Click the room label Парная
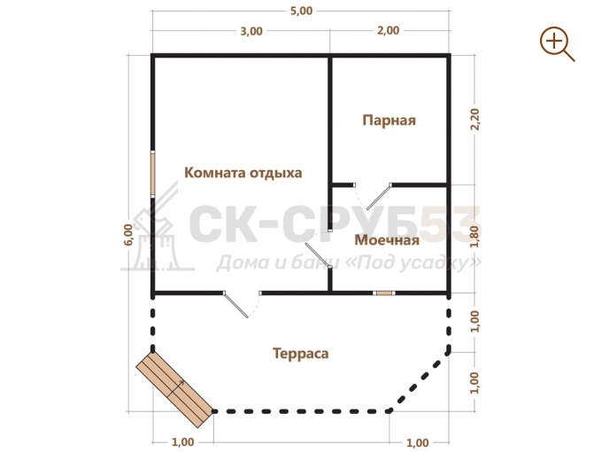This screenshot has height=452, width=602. [x=389, y=121]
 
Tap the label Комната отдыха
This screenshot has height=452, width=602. [x=243, y=173]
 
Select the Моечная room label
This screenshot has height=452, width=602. [x=387, y=240]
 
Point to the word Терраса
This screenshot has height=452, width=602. [x=301, y=354]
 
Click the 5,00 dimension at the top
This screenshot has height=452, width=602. [x=301, y=11]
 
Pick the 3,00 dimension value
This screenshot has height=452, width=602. [x=251, y=31]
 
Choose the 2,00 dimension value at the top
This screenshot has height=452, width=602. [x=388, y=30]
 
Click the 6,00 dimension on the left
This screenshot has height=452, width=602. [x=129, y=235]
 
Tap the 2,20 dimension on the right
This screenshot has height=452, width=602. [x=475, y=120]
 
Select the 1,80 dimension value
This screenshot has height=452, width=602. [x=475, y=237]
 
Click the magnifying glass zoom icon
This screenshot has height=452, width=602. [x=557, y=43]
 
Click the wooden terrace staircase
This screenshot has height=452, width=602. [x=174, y=390]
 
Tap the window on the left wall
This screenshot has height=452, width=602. [x=152, y=174]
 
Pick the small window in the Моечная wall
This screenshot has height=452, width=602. [x=384, y=293]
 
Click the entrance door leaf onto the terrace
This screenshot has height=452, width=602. [x=236, y=306]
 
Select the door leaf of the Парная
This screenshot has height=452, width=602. [x=379, y=197]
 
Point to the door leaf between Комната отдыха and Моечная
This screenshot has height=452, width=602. [x=318, y=254]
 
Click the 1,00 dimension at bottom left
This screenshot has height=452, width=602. [x=182, y=442]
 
